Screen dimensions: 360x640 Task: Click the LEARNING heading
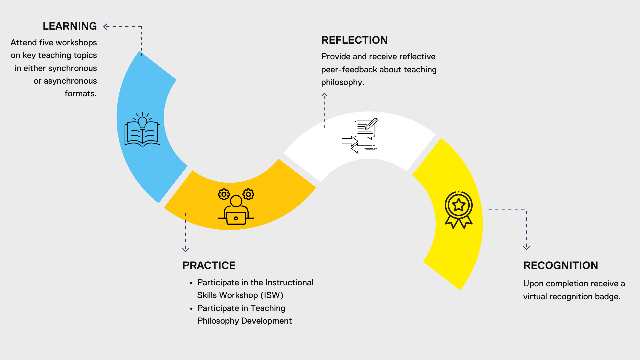pyautogui.click(x=70, y=26)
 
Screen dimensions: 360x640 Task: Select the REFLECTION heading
pyautogui.click(x=354, y=40)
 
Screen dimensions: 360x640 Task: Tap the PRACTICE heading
pyautogui.click(x=209, y=265)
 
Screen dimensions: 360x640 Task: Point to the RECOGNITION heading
pyautogui.click(x=560, y=265)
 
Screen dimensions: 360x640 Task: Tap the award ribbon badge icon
pyautogui.click(x=459, y=209)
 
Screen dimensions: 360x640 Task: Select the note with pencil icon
pyautogui.click(x=366, y=128)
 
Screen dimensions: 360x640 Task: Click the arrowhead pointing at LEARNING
pyautogui.click(x=106, y=27)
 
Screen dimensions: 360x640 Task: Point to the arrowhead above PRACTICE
pyautogui.click(x=186, y=249)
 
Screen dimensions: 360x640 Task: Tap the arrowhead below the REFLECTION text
pyautogui.click(x=324, y=96)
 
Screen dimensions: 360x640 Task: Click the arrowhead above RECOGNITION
pyautogui.click(x=527, y=247)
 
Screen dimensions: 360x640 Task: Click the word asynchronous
pyautogui.click(x=70, y=81)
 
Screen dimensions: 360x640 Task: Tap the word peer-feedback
pyautogui.click(x=349, y=70)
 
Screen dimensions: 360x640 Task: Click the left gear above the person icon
pyautogui.click(x=224, y=194)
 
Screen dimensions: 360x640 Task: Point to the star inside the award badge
pyautogui.click(x=459, y=205)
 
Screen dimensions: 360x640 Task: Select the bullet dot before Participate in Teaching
pyautogui.click(x=191, y=309)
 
